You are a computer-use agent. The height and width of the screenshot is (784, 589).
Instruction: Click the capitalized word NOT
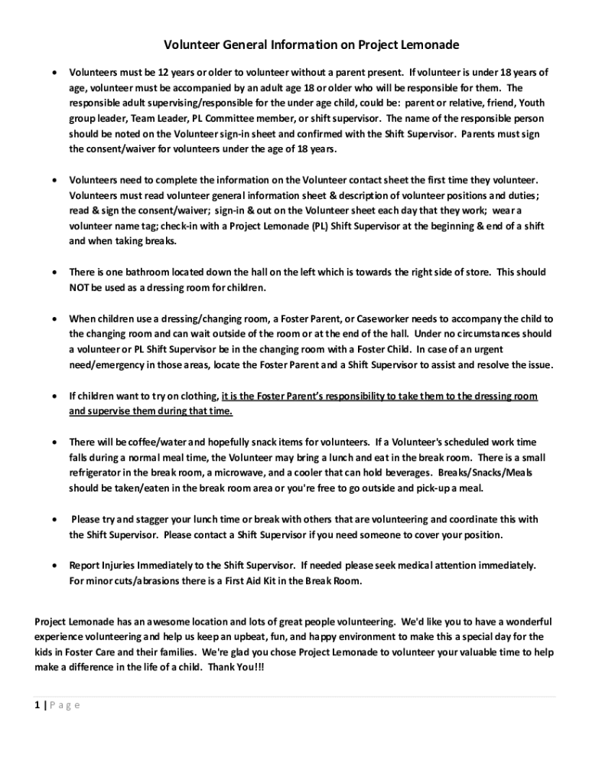[80, 287]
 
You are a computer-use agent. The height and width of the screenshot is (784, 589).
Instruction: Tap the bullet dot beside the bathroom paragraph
[52, 273]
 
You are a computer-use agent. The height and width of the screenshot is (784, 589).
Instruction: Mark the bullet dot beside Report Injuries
[52, 566]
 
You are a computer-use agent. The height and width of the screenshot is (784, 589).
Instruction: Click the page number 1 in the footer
[38, 705]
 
